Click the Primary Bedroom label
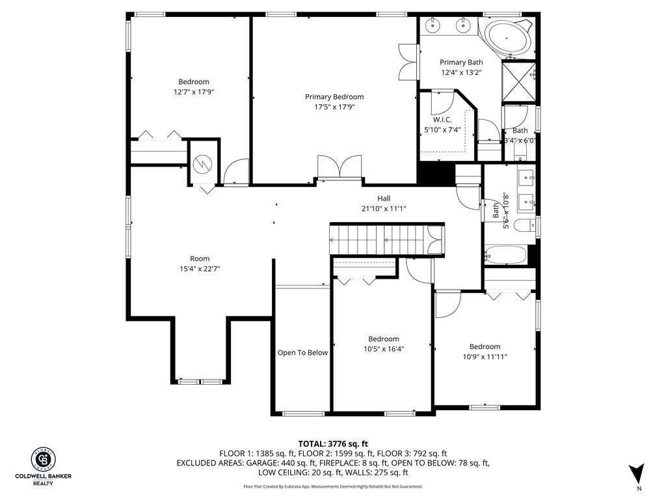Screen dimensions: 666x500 tap(334, 97)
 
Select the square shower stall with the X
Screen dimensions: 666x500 tap(518, 82)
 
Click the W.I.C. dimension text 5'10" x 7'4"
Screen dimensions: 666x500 tap(442, 130)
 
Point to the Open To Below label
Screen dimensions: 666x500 tap(302, 353)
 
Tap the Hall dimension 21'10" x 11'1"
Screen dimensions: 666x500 tap(384, 209)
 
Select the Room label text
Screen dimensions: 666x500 tap(200, 258)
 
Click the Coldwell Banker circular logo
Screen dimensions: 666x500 tap(44, 460)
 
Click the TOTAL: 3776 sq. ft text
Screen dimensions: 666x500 tap(333, 444)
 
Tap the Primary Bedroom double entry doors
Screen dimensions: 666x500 tap(340, 167)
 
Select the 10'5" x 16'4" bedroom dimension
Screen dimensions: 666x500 tap(384, 349)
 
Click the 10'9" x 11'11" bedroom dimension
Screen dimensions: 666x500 tap(485, 357)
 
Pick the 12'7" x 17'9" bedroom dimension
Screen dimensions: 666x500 tap(194, 92)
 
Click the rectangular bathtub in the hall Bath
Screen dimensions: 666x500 tap(505, 255)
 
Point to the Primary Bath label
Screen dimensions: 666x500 tap(461, 62)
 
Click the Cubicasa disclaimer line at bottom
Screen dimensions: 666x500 tap(333, 486)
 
